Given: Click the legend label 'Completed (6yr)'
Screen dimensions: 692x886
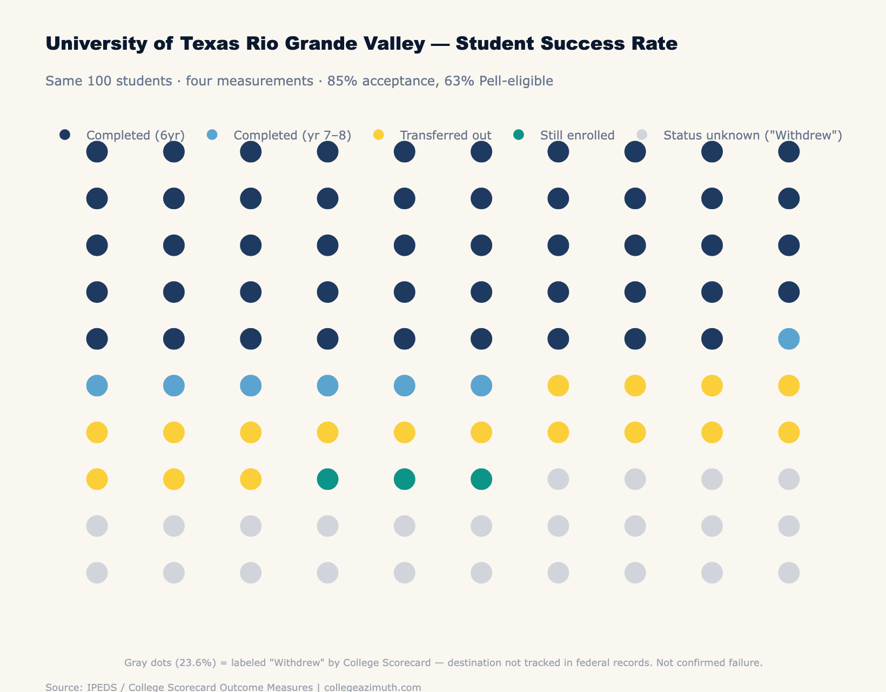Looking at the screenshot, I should click(136, 135).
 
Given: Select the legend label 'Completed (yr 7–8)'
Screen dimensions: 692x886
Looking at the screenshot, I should click(292, 135).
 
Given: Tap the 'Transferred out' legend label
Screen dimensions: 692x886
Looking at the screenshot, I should click(445, 135).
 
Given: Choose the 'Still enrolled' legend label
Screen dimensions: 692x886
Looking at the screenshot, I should click(577, 135).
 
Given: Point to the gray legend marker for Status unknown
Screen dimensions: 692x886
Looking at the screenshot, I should click(642, 135).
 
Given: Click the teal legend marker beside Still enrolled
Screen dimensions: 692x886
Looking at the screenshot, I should click(519, 135).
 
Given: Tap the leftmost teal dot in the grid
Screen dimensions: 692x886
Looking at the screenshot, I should click(327, 479).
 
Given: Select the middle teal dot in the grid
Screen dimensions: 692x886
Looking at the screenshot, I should click(405, 479).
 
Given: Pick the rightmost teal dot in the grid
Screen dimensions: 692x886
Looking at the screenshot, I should click(481, 479).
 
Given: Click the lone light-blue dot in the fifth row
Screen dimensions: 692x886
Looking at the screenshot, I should click(789, 339).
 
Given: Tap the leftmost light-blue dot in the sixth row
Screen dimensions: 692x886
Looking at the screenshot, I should click(97, 386).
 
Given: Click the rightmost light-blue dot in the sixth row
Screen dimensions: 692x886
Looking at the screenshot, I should click(481, 386).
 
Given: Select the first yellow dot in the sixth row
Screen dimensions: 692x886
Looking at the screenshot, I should click(558, 386).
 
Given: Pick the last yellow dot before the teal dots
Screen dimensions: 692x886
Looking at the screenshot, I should click(251, 479).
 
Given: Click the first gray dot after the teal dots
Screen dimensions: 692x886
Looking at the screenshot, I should click(558, 479).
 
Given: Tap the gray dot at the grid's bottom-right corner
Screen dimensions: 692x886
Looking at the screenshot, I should click(789, 573).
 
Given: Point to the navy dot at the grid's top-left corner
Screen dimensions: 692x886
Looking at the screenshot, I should click(97, 152).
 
